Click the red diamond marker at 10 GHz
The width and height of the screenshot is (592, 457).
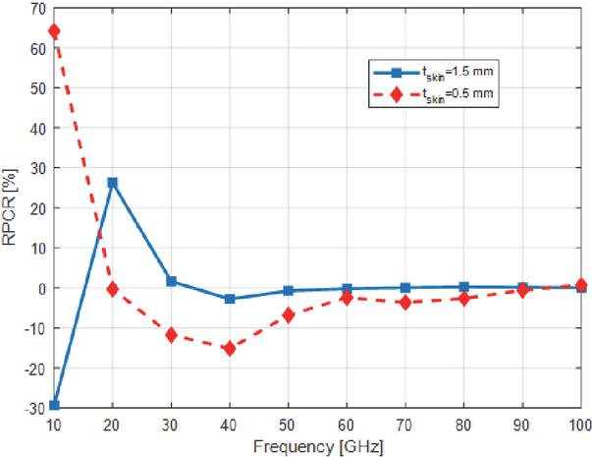(54, 31)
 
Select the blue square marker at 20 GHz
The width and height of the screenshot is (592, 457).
(113, 182)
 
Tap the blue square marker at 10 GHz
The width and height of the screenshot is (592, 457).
(54, 405)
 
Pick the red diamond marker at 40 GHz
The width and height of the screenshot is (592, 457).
(230, 348)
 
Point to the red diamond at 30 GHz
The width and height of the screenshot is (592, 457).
(171, 335)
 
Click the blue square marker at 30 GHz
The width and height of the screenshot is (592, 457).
(171, 281)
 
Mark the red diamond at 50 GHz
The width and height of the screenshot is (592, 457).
(288, 314)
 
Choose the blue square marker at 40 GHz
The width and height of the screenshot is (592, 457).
(230, 299)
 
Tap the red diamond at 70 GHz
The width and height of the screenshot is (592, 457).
(404, 303)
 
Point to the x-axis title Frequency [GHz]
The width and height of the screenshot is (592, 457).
(317, 446)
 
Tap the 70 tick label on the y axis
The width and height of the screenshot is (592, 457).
(37, 9)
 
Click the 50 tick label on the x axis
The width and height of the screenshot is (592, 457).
(288, 425)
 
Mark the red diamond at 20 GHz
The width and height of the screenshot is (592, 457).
(113, 289)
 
